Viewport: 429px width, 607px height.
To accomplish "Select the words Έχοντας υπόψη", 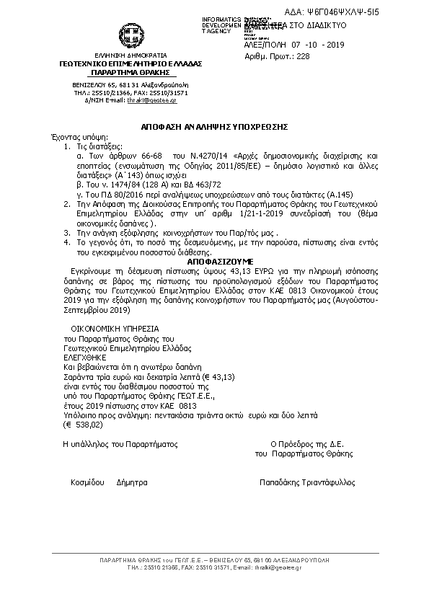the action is point(70,135).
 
